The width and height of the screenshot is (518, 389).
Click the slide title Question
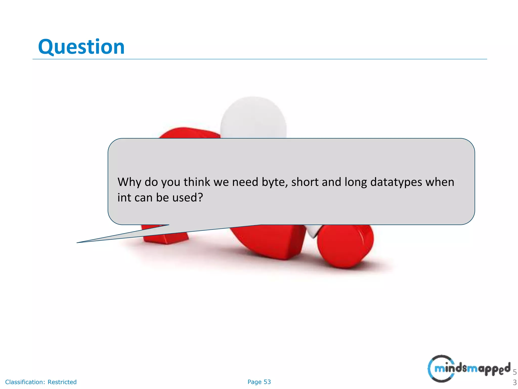pos(81,47)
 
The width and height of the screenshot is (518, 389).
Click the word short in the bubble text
pos(305,182)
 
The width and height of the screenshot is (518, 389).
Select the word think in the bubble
pos(197,182)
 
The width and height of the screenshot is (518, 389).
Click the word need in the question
pos(245,182)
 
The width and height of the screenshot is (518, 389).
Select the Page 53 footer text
pos(259,382)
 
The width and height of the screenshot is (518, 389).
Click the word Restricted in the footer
pos(62,382)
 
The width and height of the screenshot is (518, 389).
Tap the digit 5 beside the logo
pos(514,372)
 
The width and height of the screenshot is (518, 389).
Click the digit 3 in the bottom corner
pos(514,383)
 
